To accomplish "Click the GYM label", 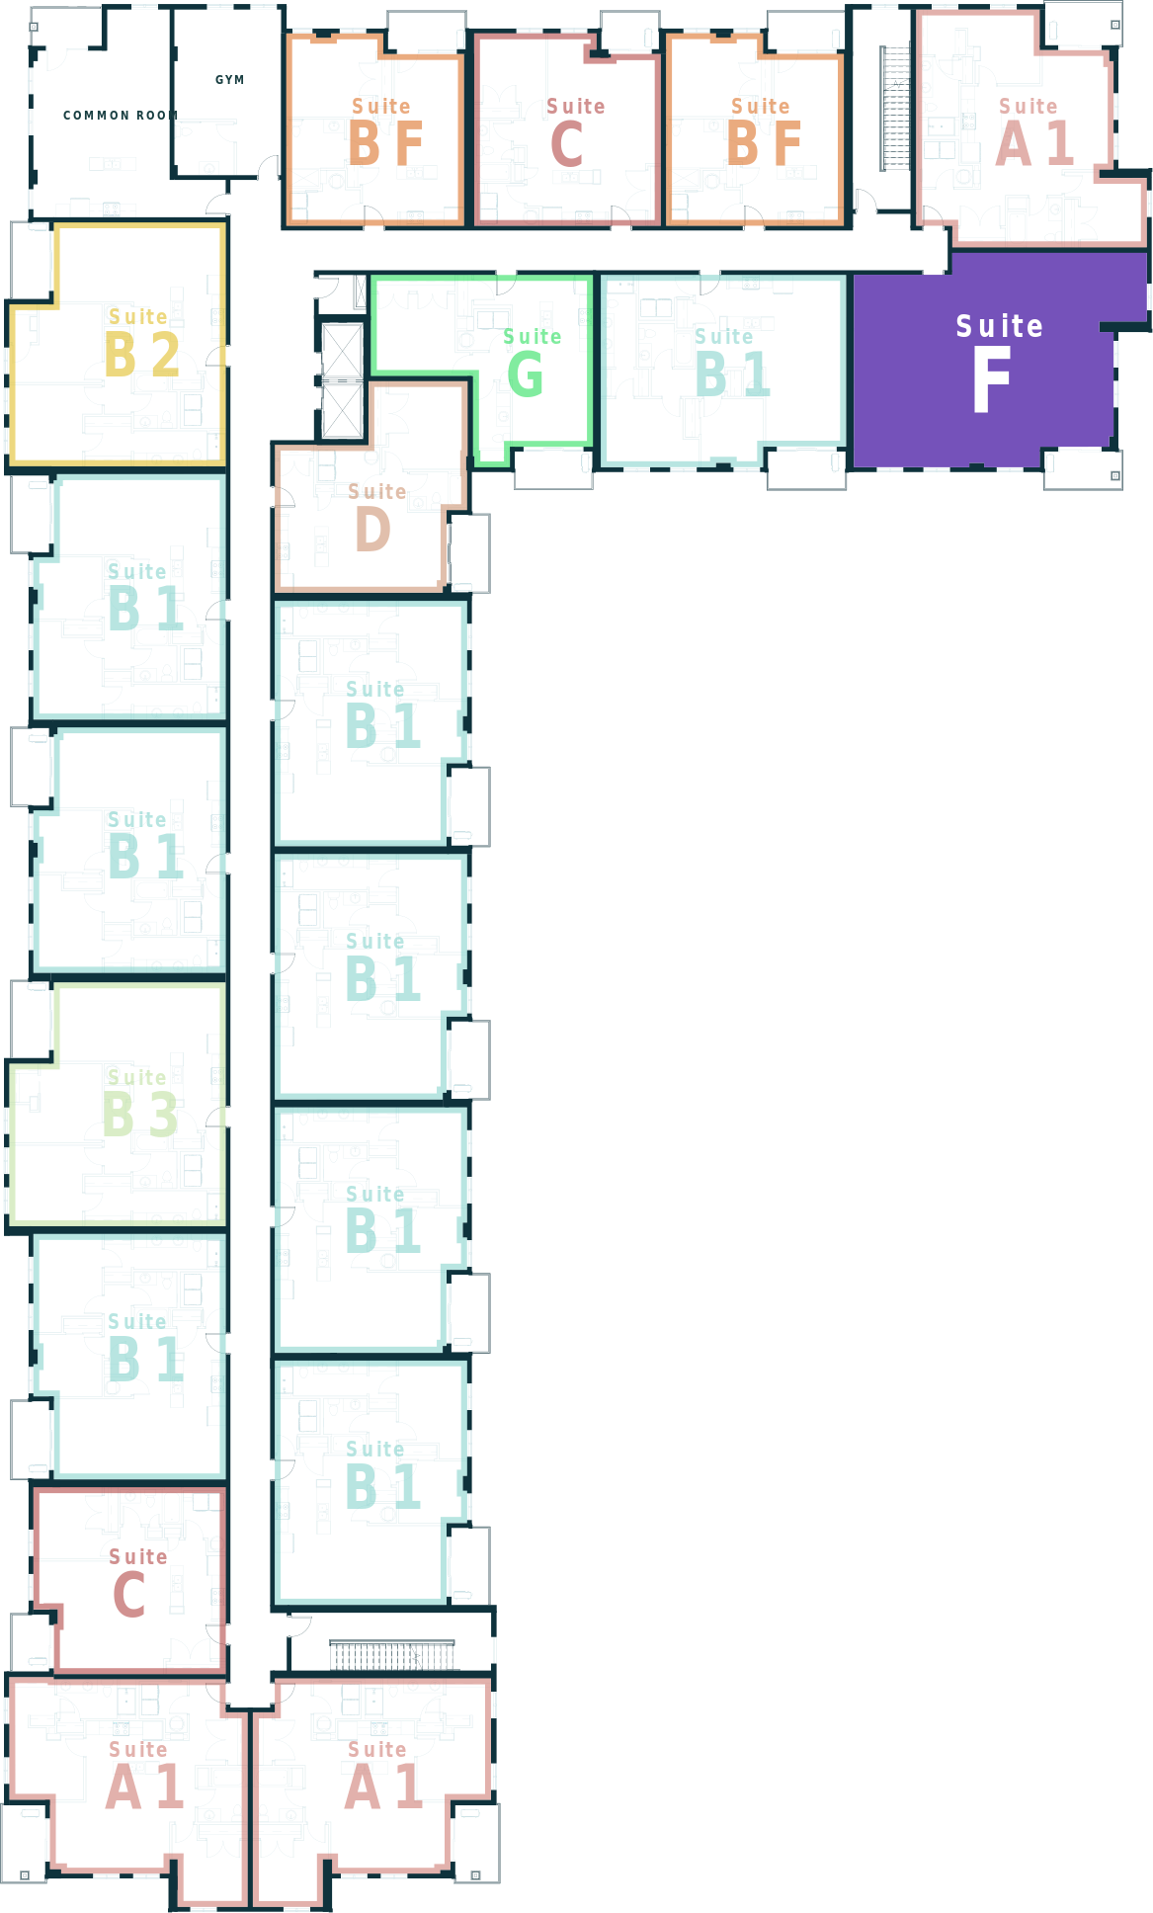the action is coord(229,80).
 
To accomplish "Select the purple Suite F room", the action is coord(999,360).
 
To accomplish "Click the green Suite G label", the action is coord(532,362).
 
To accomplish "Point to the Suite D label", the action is coord(376,517).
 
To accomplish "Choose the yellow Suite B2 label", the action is coord(142,342).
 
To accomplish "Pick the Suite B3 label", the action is coord(140,1103).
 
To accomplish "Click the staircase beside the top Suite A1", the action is coord(895,109).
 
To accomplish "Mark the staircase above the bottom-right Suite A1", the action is coord(392,1655).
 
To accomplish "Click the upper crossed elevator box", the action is coord(343,351).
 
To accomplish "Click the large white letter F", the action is coord(991,379).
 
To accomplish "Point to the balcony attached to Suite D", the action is coord(469,553).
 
